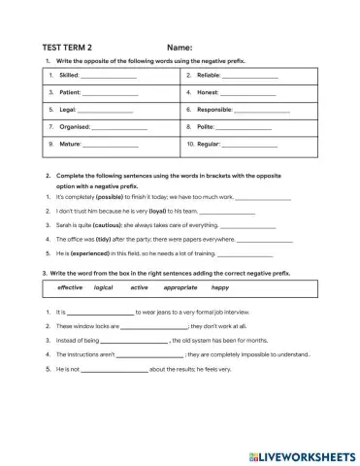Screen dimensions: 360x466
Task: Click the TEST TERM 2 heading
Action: (x=68, y=47)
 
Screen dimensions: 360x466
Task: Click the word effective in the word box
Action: (x=70, y=288)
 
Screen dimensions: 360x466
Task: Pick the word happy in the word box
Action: (x=220, y=288)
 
